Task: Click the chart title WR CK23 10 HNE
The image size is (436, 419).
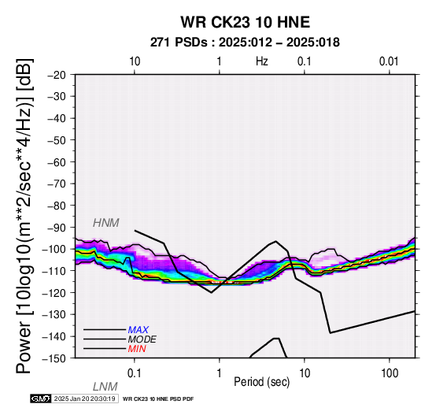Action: [x=246, y=22]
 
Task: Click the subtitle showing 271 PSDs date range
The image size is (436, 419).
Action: [x=245, y=43]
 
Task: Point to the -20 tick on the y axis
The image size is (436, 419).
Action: [x=57, y=75]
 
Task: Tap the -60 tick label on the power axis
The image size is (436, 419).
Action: [x=57, y=162]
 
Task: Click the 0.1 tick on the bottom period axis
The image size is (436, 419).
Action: [x=134, y=373]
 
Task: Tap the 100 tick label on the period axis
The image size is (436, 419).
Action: [x=390, y=373]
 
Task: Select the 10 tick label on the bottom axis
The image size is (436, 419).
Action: [x=305, y=373]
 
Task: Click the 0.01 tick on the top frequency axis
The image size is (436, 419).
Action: [x=389, y=61]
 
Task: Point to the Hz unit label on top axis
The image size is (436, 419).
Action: [x=261, y=61]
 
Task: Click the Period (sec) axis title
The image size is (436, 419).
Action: [x=261, y=382]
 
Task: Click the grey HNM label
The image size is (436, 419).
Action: [x=106, y=223]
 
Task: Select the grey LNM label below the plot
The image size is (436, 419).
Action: [x=105, y=387]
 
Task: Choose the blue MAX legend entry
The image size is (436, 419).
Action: [x=139, y=330]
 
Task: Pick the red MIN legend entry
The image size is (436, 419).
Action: [x=137, y=349]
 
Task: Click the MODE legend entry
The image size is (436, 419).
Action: [x=142, y=339]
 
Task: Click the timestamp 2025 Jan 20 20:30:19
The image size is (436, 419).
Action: [x=84, y=399]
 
